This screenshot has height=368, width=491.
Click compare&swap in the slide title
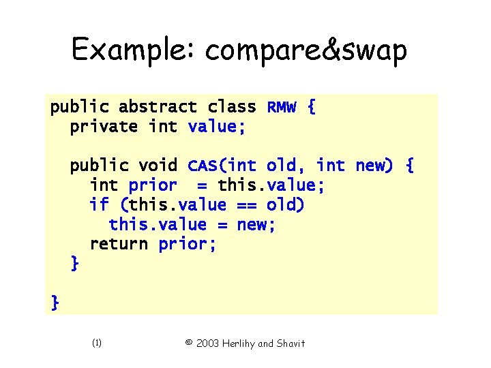[306, 51]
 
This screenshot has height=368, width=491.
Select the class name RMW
[282, 107]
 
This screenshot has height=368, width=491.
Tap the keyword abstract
[158, 107]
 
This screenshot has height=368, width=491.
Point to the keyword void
[158, 166]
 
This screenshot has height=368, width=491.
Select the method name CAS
[202, 166]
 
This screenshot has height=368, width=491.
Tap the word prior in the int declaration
[153, 185]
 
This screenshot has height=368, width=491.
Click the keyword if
[99, 205]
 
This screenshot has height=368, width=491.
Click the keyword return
[119, 244]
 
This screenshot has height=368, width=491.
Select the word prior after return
[188, 244]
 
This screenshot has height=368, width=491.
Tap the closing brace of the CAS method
[74, 264]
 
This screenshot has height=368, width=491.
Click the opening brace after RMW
[311, 107]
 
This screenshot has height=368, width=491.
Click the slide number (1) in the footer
[96, 343]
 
